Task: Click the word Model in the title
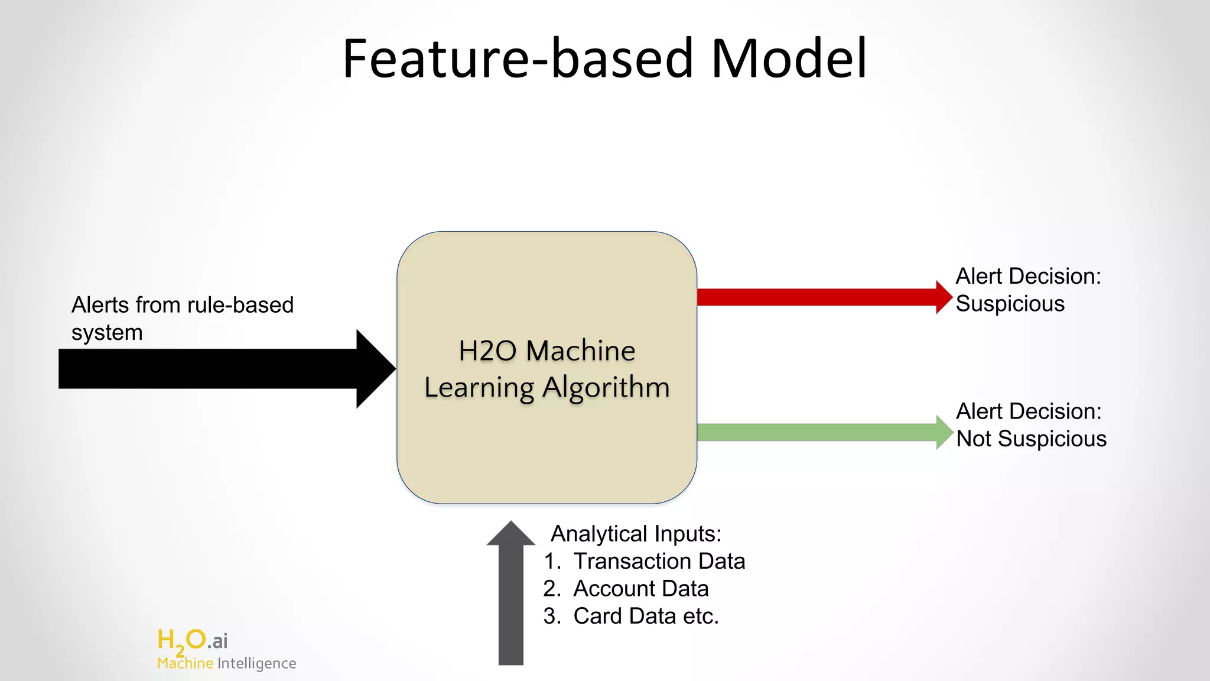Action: tap(789, 59)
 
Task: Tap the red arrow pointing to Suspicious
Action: tap(821, 297)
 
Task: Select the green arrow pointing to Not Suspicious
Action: tap(821, 432)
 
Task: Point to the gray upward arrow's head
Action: tap(511, 534)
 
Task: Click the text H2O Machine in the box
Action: tap(547, 351)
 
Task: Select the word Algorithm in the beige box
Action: tap(606, 388)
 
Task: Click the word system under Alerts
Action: tap(107, 333)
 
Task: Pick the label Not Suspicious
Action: tap(1031, 439)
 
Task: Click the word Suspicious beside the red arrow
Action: tap(1010, 304)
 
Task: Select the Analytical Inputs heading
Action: tap(636, 534)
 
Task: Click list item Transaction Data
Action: tap(659, 561)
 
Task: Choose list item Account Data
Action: tap(640, 589)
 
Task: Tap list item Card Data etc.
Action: tap(646, 616)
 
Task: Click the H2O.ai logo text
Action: tap(193, 640)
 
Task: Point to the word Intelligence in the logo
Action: tap(256, 664)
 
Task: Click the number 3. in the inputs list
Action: tap(552, 616)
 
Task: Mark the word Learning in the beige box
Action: tap(479, 388)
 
